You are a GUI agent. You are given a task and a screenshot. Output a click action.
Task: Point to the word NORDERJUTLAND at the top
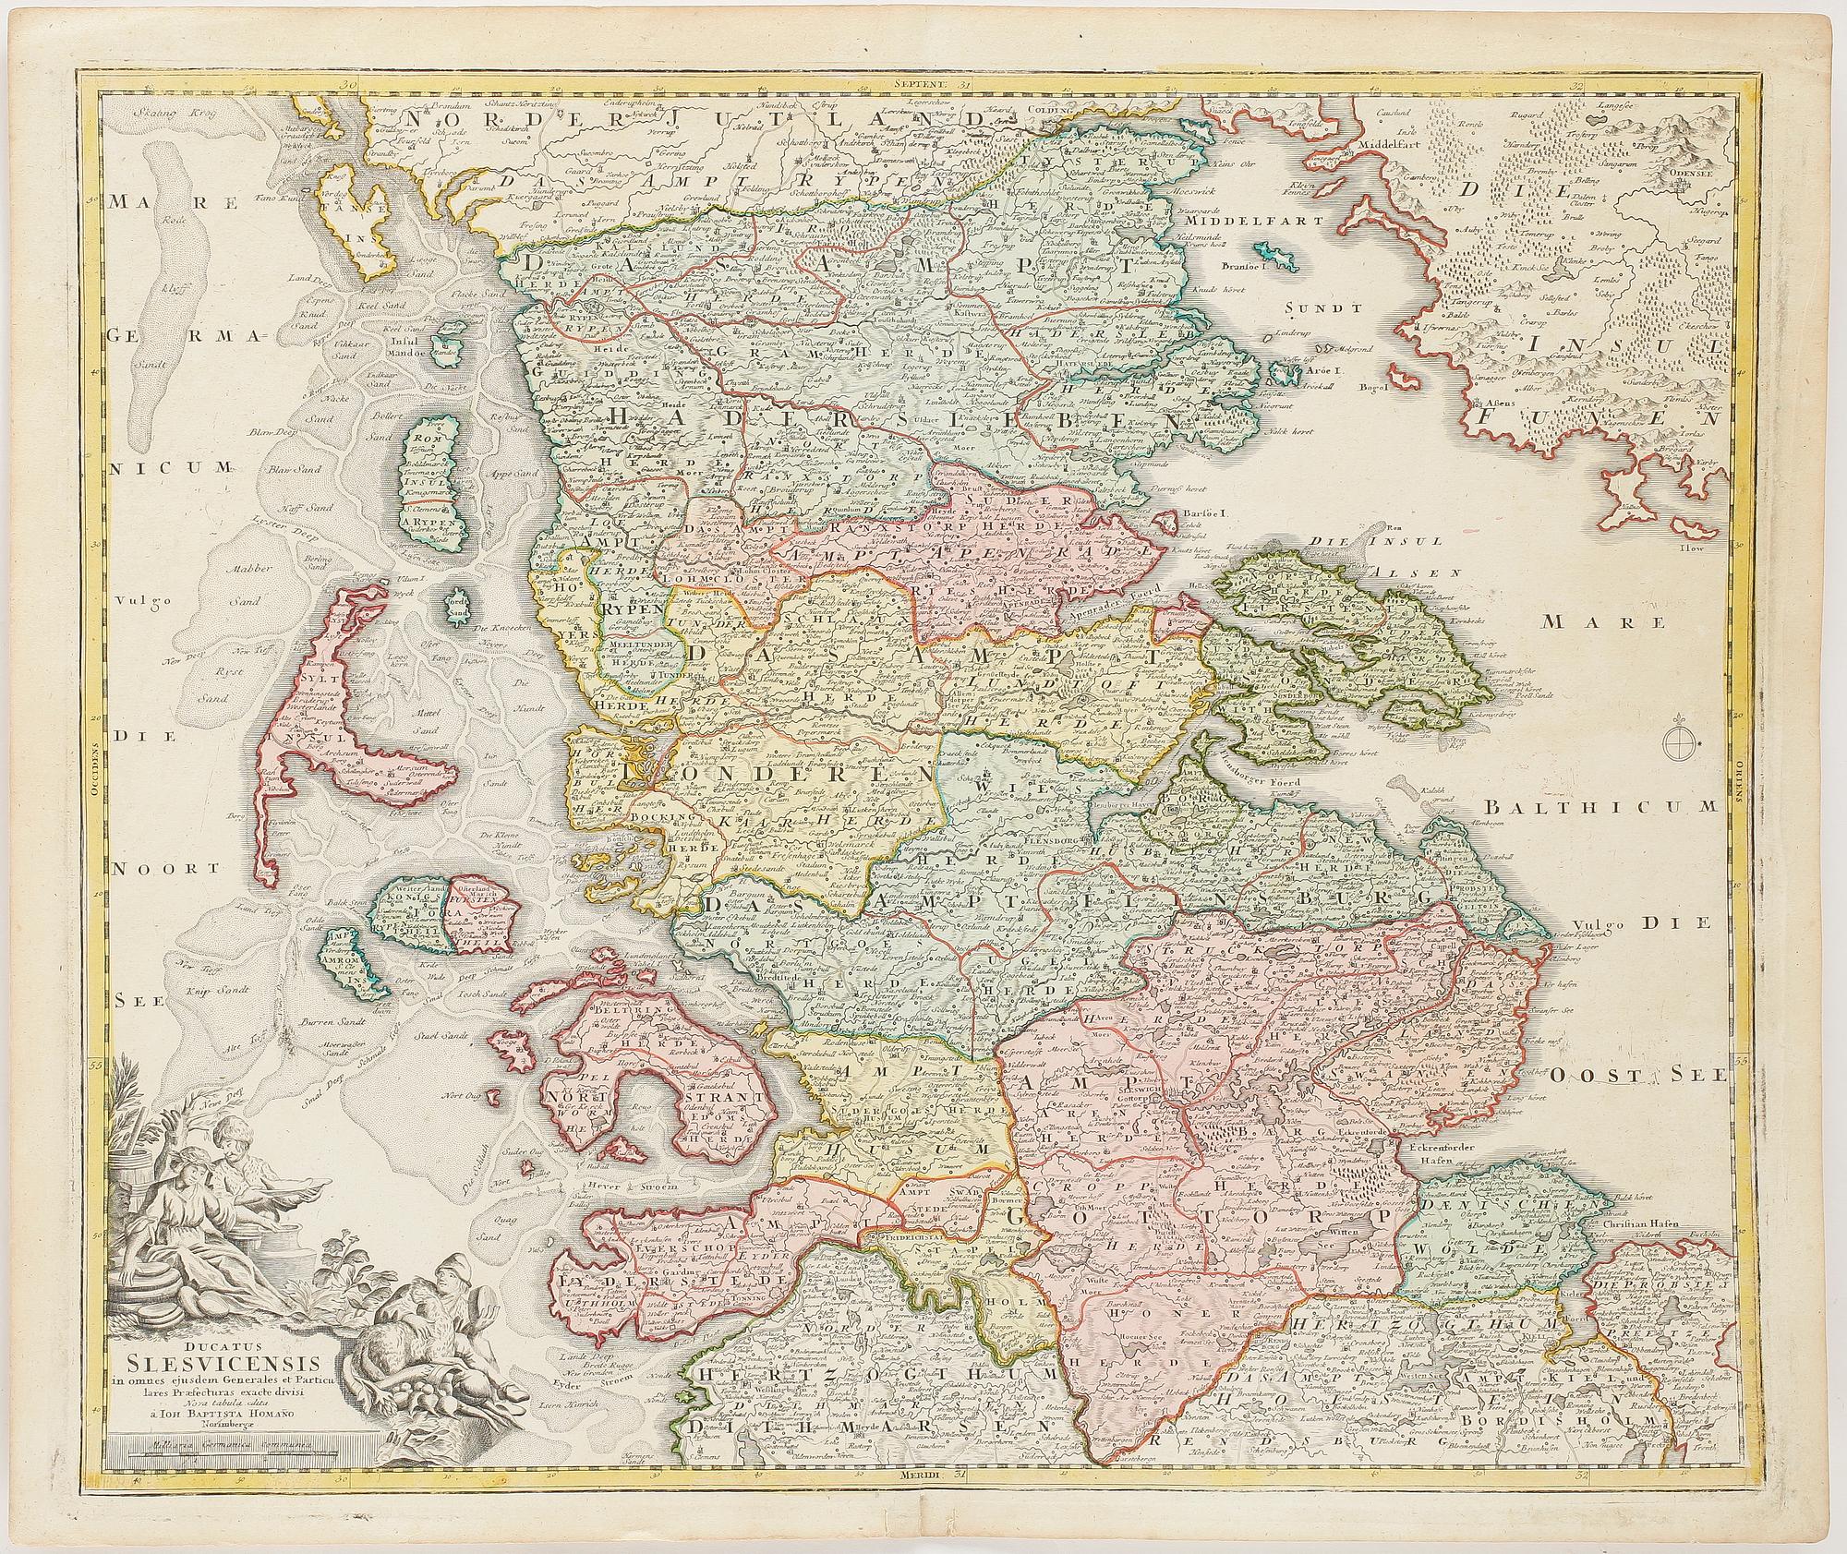702,120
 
